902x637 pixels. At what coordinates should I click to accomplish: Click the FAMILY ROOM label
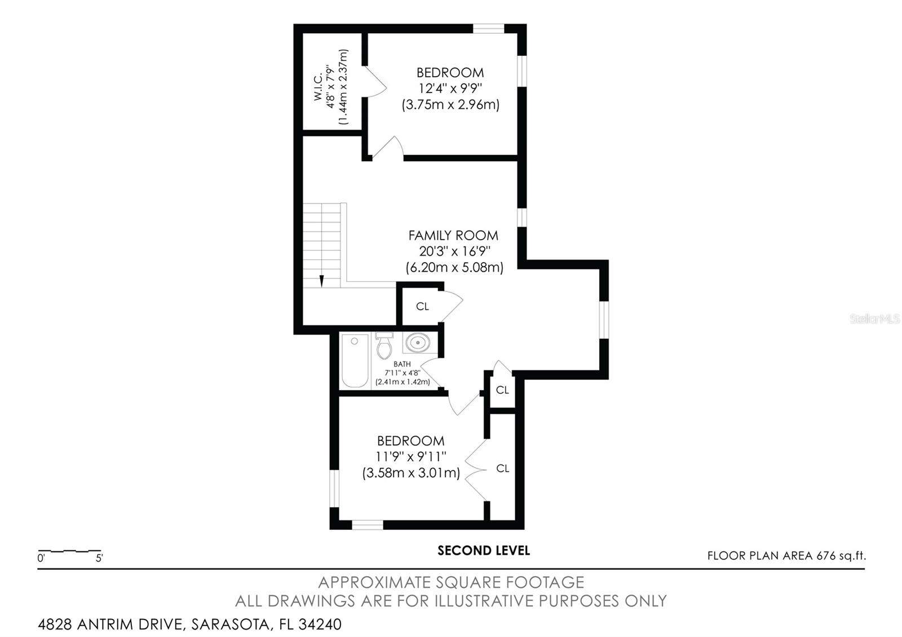click(453, 236)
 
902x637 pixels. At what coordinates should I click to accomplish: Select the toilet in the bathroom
click(384, 346)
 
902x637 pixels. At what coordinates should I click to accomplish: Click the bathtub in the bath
click(355, 361)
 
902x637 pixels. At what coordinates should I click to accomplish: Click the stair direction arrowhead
click(321, 281)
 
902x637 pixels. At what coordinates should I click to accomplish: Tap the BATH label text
click(402, 364)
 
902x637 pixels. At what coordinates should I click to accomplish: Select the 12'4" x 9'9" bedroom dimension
click(450, 89)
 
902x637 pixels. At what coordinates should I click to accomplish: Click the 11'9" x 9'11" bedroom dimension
click(411, 457)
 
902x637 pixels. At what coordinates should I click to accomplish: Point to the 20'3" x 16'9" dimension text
click(454, 251)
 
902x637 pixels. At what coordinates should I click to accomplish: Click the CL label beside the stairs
click(422, 307)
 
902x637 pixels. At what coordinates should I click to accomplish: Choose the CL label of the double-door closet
click(502, 468)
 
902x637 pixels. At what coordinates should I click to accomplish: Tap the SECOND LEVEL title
click(484, 551)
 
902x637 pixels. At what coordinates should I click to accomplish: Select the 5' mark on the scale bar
click(99, 559)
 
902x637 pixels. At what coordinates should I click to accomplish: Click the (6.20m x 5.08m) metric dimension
click(454, 268)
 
